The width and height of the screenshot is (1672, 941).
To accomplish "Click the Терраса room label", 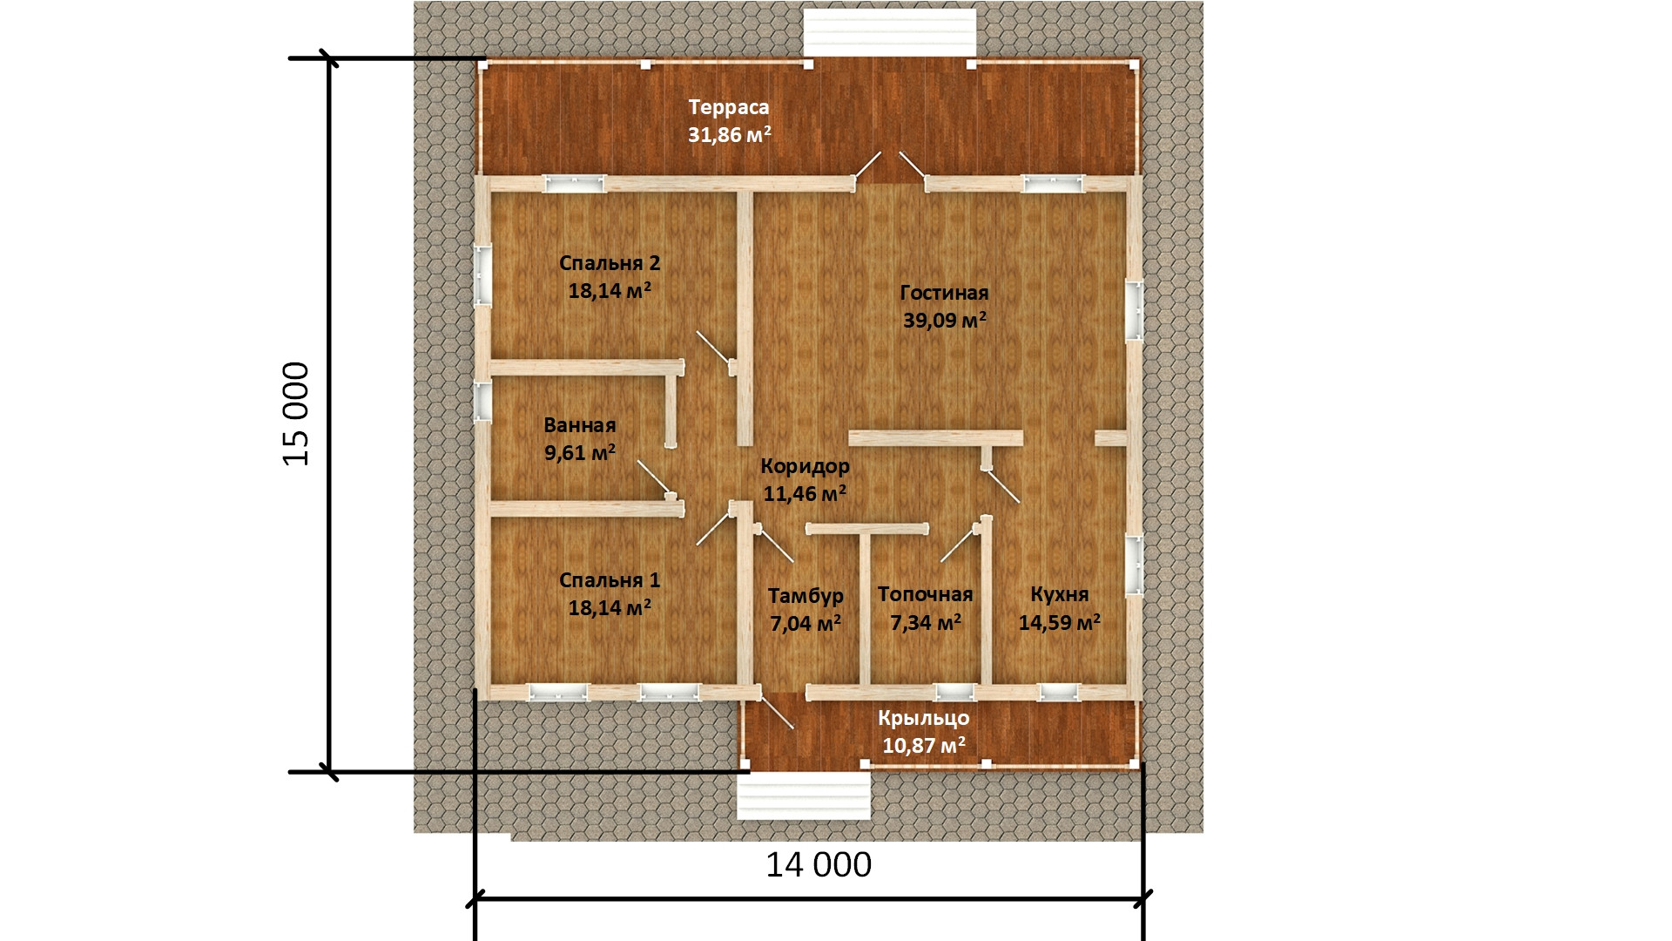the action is pos(729,107).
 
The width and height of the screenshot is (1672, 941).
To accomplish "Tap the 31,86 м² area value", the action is pos(730,135).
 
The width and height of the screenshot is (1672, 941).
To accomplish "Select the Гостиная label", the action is pos(944,293).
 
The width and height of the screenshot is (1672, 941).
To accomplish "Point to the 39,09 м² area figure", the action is pos(945,320).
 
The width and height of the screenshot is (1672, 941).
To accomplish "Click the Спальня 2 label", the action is pos(610,263).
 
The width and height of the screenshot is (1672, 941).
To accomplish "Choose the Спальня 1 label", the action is pos(610,580).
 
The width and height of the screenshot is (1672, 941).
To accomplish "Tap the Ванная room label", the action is pos(580,425).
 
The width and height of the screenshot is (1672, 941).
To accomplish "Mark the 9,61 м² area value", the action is pos(580,453).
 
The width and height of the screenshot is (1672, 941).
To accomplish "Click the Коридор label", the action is pos(805,466).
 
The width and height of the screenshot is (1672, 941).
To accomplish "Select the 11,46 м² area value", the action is pos(805,494).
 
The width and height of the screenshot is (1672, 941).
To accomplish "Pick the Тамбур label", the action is pos(806,596).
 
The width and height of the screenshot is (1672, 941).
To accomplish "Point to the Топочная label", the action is pos(925,594).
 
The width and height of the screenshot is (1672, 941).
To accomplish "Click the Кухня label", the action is pos(1060,594).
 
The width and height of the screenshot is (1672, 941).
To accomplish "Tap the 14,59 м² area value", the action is pos(1060,622).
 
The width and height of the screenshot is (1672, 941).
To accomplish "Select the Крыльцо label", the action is pos(924,719).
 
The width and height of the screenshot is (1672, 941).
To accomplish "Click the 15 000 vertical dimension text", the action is pos(296,414).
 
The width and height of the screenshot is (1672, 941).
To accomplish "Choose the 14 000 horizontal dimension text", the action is pos(819,865).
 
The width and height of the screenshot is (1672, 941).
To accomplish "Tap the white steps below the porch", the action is pos(804,795).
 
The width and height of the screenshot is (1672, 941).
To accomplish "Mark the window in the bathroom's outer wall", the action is pos(482,403).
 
